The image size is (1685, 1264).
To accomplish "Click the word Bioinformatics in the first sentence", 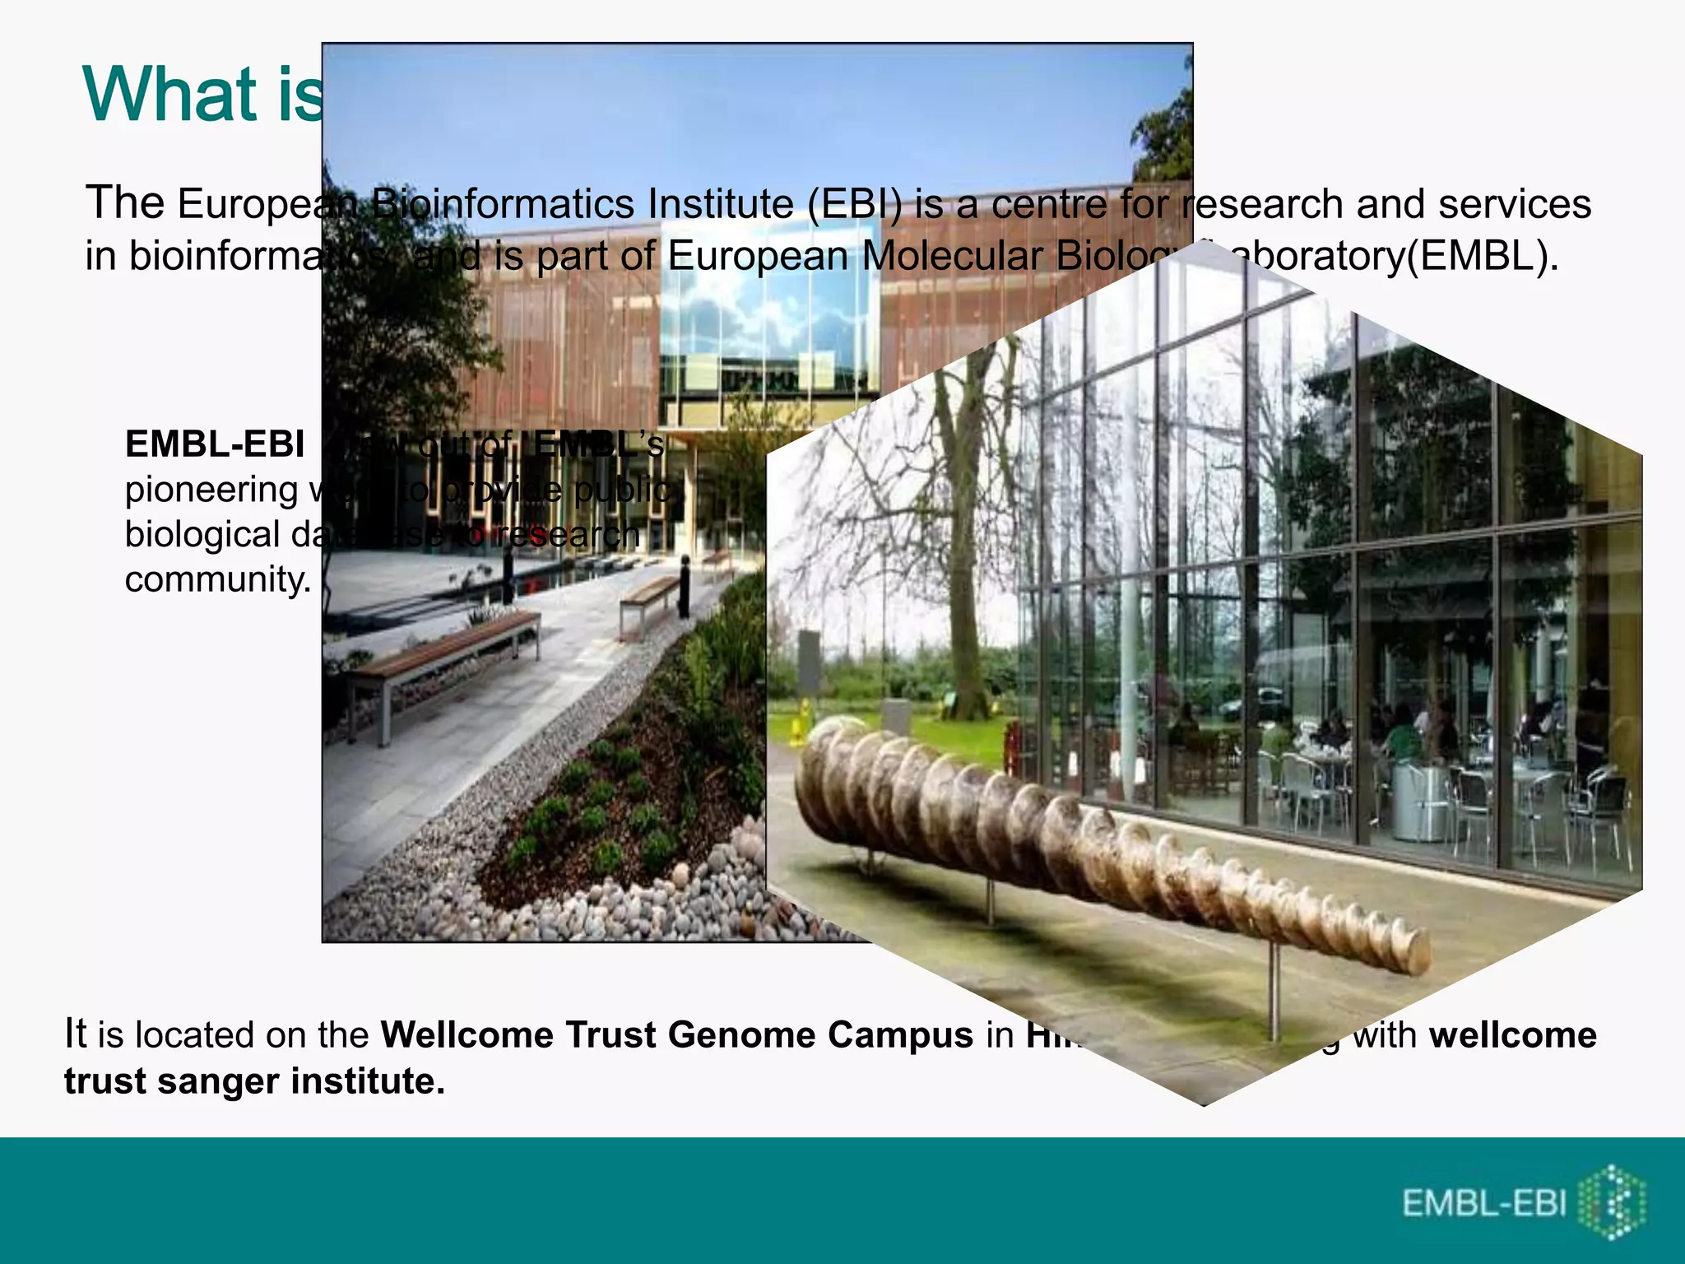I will (x=501, y=204).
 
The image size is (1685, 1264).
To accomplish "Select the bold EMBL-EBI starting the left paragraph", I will (x=215, y=444).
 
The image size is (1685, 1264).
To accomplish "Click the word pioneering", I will (x=211, y=490).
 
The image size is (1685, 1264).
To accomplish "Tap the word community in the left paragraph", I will (x=218, y=579).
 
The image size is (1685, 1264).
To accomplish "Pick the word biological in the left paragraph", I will (x=202, y=535).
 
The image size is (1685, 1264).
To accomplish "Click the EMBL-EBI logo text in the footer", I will (x=1483, y=1203).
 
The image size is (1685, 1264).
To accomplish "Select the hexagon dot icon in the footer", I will (x=1616, y=1202).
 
